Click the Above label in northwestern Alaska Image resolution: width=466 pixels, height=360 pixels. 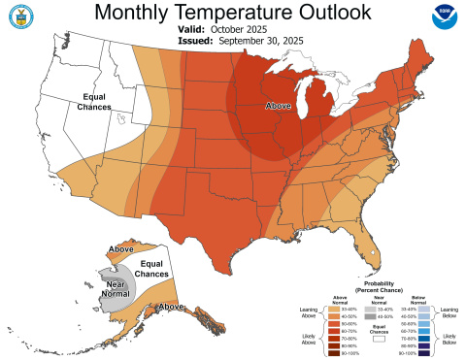point(122,250)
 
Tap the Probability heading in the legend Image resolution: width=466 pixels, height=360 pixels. point(374,284)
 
